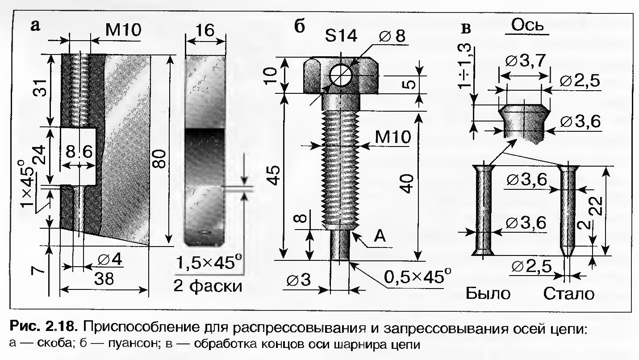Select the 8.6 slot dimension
click(x=79, y=152)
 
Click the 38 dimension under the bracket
click(x=104, y=279)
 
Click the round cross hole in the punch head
click(x=341, y=75)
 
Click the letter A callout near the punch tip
click(x=380, y=237)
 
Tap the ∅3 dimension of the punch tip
click(x=299, y=280)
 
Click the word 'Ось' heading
click(x=527, y=26)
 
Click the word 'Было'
click(x=488, y=293)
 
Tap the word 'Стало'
click(x=569, y=293)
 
